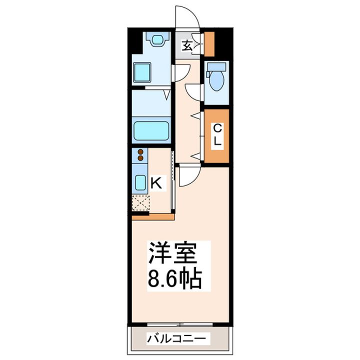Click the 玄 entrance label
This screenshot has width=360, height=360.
pyautogui.click(x=187, y=45)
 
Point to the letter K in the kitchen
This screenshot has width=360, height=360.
pyautogui.click(x=156, y=183)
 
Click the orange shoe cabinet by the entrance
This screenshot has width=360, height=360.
pyautogui.click(x=209, y=43)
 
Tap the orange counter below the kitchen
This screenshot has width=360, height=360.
pyautogui.click(x=153, y=217)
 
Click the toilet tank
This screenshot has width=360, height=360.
pyautogui.click(x=216, y=67)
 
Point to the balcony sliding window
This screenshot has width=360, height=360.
pyautogui.click(x=180, y=324)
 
